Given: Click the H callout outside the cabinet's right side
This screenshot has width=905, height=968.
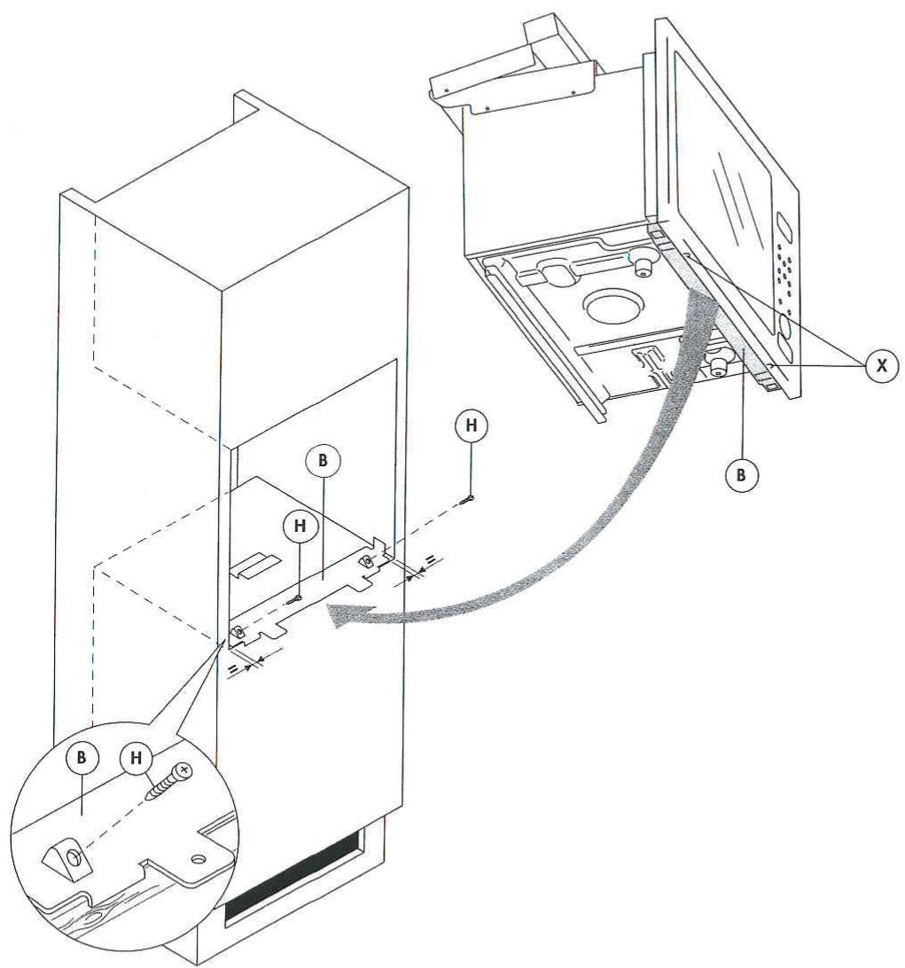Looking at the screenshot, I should (471, 426).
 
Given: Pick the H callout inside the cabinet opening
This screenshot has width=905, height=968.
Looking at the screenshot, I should (300, 526).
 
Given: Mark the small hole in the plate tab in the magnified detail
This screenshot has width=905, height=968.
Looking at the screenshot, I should (196, 859).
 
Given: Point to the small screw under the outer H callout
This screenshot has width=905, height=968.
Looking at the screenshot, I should (467, 501).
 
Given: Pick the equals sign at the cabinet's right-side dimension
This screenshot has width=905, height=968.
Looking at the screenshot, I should (429, 560).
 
